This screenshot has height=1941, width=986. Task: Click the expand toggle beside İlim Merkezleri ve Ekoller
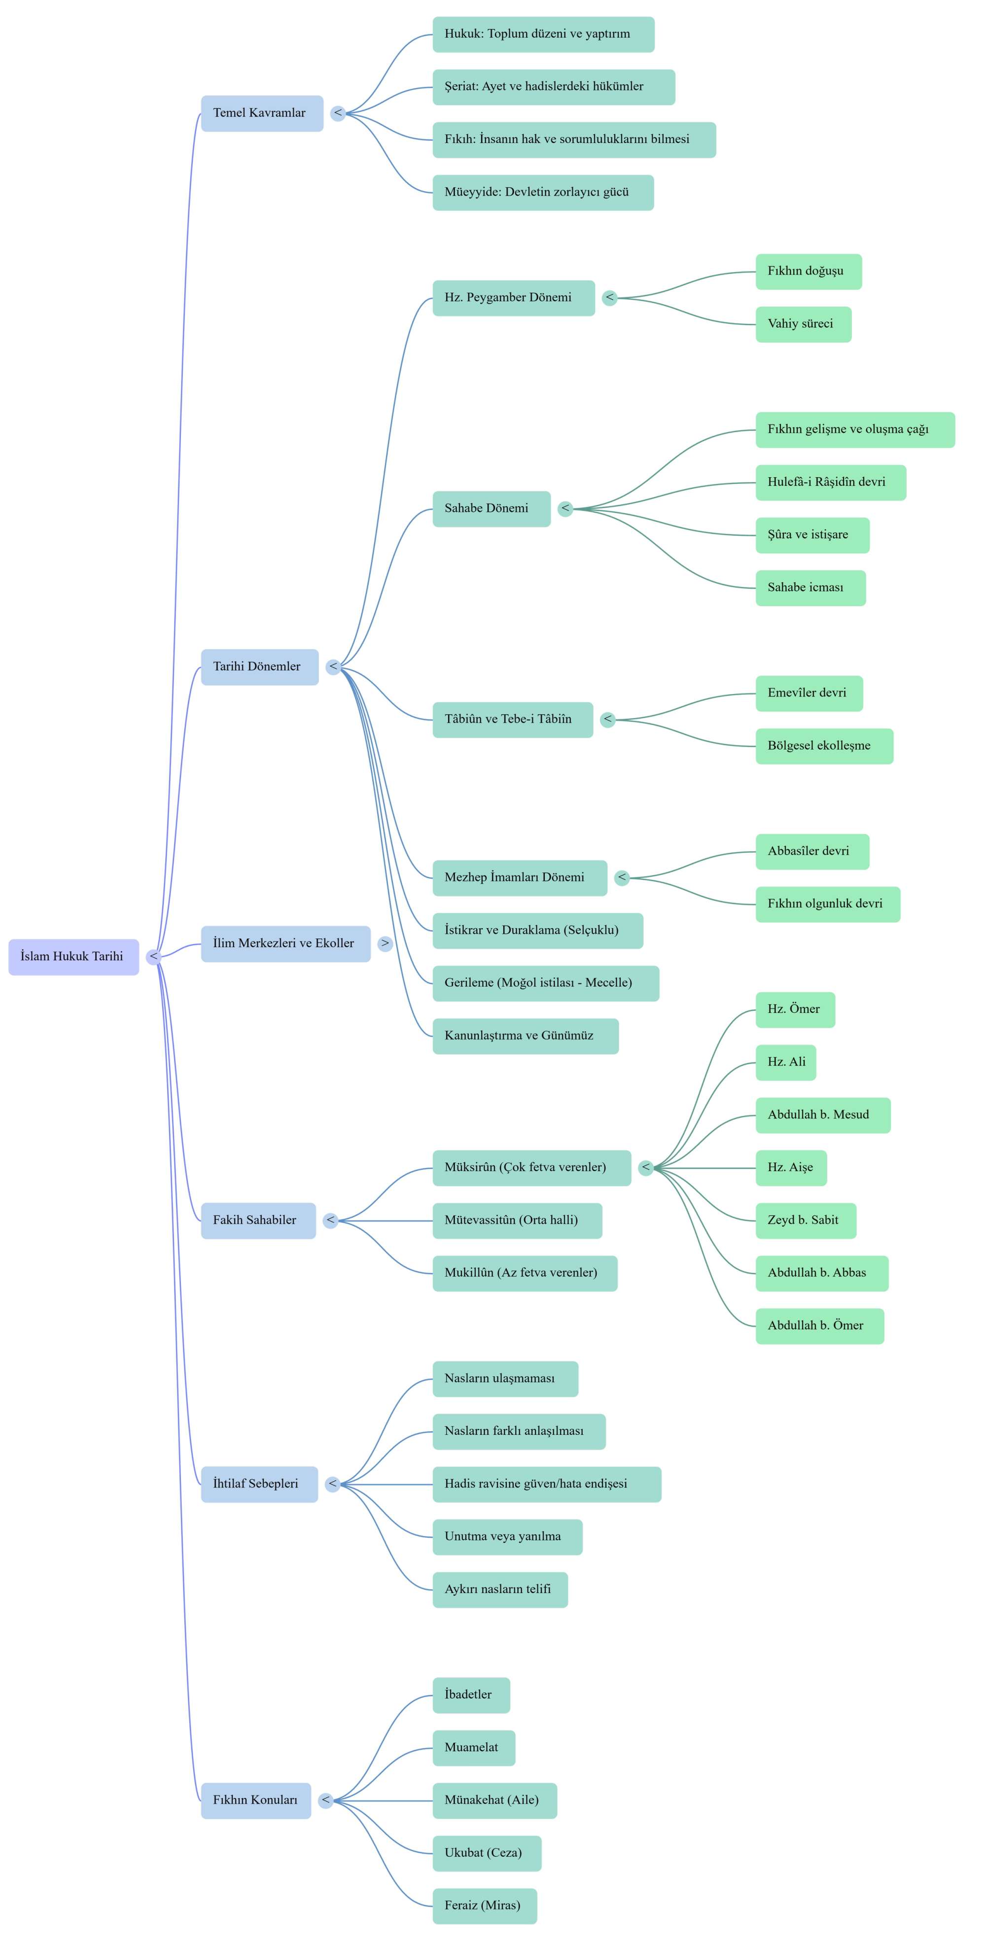click(385, 943)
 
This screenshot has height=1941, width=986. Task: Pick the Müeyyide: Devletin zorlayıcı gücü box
click(543, 193)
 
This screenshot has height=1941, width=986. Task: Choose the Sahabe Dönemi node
click(492, 509)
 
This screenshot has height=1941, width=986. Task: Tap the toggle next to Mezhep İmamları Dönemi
click(622, 878)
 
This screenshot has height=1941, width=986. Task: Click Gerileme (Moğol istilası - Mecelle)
click(546, 983)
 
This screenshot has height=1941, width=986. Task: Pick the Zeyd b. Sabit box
click(807, 1221)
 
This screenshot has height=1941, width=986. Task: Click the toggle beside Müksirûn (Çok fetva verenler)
click(646, 1168)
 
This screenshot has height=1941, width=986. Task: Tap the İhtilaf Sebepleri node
click(259, 1485)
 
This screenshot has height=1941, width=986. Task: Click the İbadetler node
click(471, 1696)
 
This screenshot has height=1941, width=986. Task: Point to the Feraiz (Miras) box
click(485, 1906)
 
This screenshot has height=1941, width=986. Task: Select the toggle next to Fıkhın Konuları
click(326, 1801)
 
